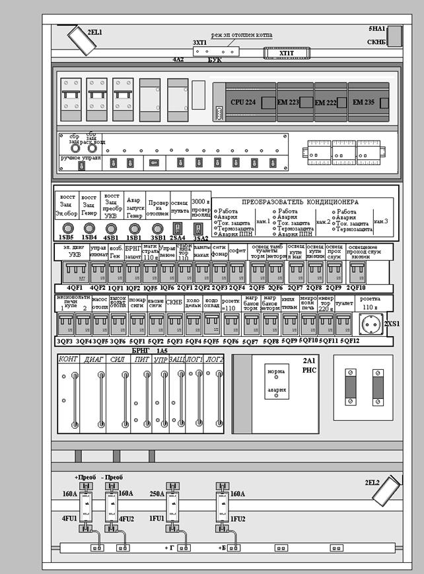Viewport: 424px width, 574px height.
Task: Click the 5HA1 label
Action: click(377, 30)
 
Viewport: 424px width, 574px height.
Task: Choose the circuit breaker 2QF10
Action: click(358, 272)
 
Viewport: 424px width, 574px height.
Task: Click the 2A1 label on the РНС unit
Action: click(310, 361)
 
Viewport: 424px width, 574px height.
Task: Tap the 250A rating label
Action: click(157, 493)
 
